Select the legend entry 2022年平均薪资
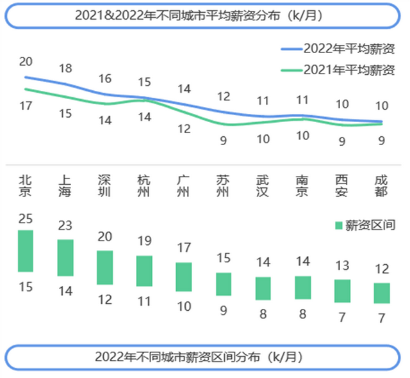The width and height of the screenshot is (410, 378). click(339, 49)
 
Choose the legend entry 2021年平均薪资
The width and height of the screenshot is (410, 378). click(339, 70)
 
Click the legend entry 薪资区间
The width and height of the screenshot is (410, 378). click(363, 225)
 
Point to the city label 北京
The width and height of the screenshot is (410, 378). click(26, 185)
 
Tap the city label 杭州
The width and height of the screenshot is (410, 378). click(144, 185)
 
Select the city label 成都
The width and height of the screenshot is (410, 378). click(382, 185)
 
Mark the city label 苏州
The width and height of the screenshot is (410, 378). click(223, 185)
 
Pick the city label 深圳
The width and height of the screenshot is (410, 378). click(105, 185)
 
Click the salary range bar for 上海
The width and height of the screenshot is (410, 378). click(65, 258)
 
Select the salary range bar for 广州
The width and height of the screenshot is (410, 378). click(184, 277)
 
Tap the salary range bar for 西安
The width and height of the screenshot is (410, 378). click(342, 290)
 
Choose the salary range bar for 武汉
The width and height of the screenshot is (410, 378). click(263, 288)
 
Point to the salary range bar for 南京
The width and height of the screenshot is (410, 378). click(302, 287)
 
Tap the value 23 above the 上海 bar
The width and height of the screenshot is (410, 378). click(65, 225)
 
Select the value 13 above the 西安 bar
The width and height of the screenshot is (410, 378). click(342, 265)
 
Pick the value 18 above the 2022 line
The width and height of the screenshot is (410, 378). click(65, 68)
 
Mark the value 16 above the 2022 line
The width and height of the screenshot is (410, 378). click(105, 79)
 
